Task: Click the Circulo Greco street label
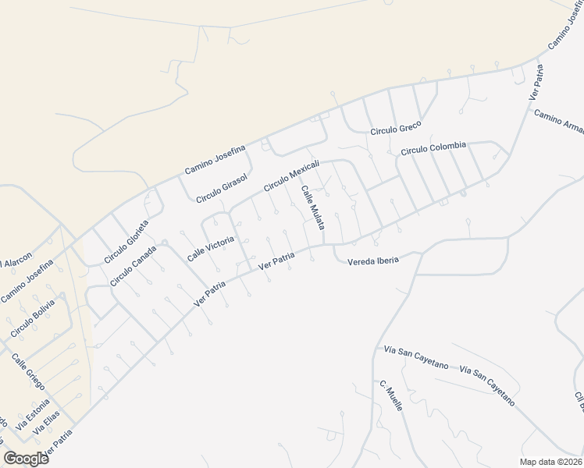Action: point(396,127)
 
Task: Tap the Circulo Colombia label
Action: point(433,147)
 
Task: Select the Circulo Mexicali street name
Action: point(292,176)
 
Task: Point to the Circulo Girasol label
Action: point(222,189)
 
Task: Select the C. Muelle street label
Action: point(391,397)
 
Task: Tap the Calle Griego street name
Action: point(28,374)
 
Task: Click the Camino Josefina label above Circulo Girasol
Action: point(215,159)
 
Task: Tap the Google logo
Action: point(26,458)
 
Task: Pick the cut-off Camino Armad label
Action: point(559,122)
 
